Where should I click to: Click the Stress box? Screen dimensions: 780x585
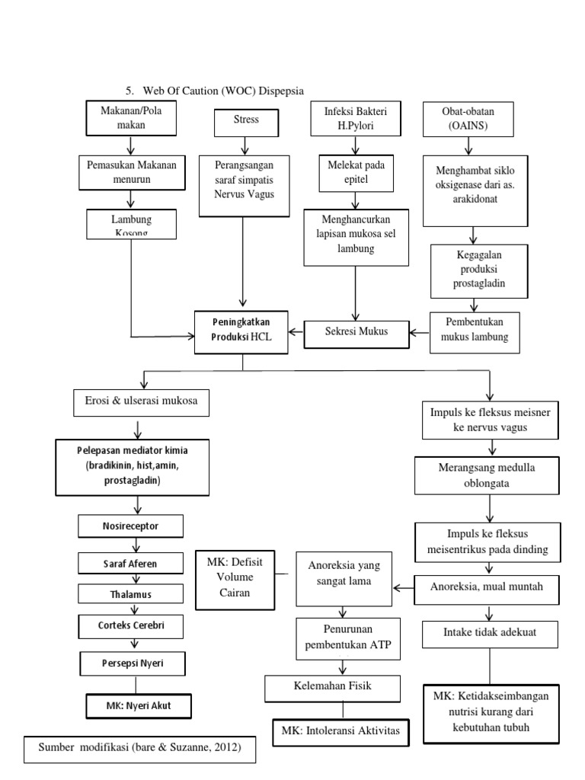point(245,120)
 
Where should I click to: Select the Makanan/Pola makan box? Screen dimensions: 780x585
point(132,117)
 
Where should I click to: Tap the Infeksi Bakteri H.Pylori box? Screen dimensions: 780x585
point(350,117)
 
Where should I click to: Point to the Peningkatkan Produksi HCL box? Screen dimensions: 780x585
point(241,332)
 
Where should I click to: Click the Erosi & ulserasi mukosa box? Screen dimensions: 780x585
point(140,402)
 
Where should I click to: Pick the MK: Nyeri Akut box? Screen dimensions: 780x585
point(138,705)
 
